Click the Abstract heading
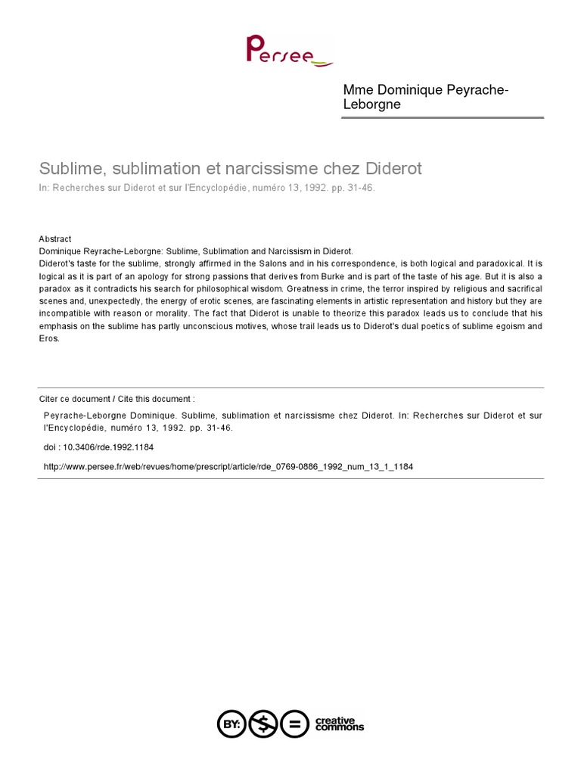pyautogui.click(x=54, y=238)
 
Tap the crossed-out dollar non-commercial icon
pyautogui.click(x=263, y=724)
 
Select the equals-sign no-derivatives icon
pyautogui.click(x=294, y=724)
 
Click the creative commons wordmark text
pyautogui.click(x=338, y=724)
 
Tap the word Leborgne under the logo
pyautogui.click(x=372, y=104)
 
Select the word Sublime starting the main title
pyautogui.click(x=66, y=168)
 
